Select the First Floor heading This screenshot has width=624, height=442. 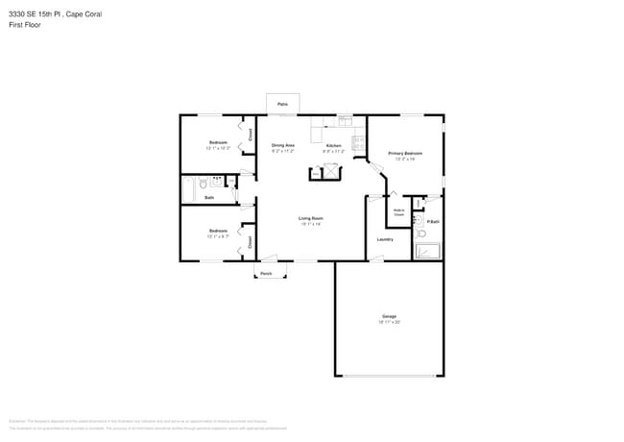[25, 25]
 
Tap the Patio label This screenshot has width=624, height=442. [282, 104]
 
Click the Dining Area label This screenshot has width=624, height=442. [282, 145]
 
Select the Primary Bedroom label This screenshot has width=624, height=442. [404, 154]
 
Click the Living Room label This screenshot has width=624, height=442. [309, 218]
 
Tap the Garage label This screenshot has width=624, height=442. [389, 316]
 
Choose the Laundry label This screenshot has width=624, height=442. [385, 239]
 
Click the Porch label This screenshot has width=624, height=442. [266, 274]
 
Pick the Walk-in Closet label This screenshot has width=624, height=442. [398, 211]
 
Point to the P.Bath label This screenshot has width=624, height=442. [433, 222]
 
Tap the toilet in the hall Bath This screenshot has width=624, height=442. [204, 183]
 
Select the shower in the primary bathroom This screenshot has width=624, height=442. [427, 251]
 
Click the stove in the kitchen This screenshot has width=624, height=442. [358, 143]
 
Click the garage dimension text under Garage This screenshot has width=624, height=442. [389, 322]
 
